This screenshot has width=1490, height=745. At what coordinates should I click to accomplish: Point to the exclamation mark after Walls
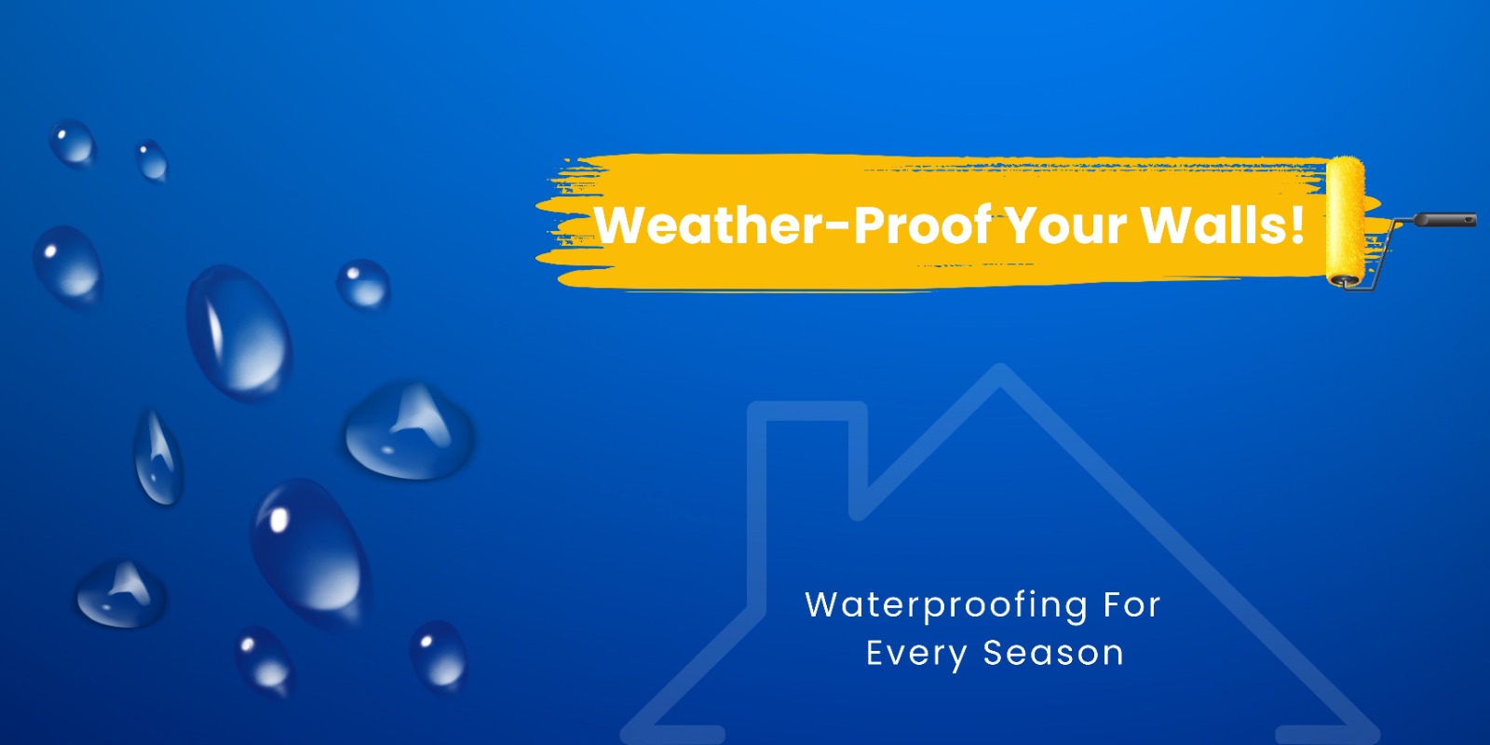(1296, 224)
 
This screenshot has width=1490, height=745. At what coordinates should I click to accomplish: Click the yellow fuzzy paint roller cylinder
(1345, 221)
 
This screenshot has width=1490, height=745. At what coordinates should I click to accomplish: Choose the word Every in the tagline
(916, 654)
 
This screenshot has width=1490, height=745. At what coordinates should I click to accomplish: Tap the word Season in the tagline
(1053, 653)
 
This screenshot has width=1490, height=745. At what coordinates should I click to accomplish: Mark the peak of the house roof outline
(1000, 368)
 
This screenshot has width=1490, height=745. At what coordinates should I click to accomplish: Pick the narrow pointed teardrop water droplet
(157, 457)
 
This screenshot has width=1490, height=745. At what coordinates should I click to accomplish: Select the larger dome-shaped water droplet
(409, 431)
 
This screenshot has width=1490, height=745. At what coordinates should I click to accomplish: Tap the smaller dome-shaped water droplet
(121, 594)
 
